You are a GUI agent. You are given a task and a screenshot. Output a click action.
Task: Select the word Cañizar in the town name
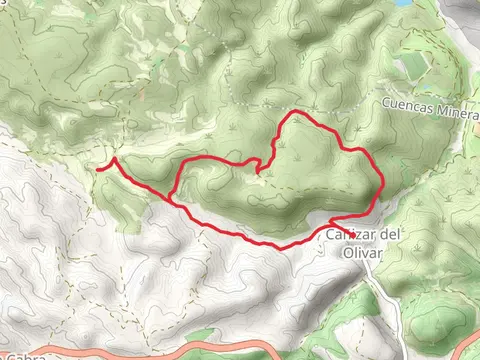point(346,235)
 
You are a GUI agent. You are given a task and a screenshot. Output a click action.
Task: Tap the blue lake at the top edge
point(402,3)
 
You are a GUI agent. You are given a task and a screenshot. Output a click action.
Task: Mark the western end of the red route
point(97,170)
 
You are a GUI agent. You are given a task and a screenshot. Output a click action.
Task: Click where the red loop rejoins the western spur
point(173,201)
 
